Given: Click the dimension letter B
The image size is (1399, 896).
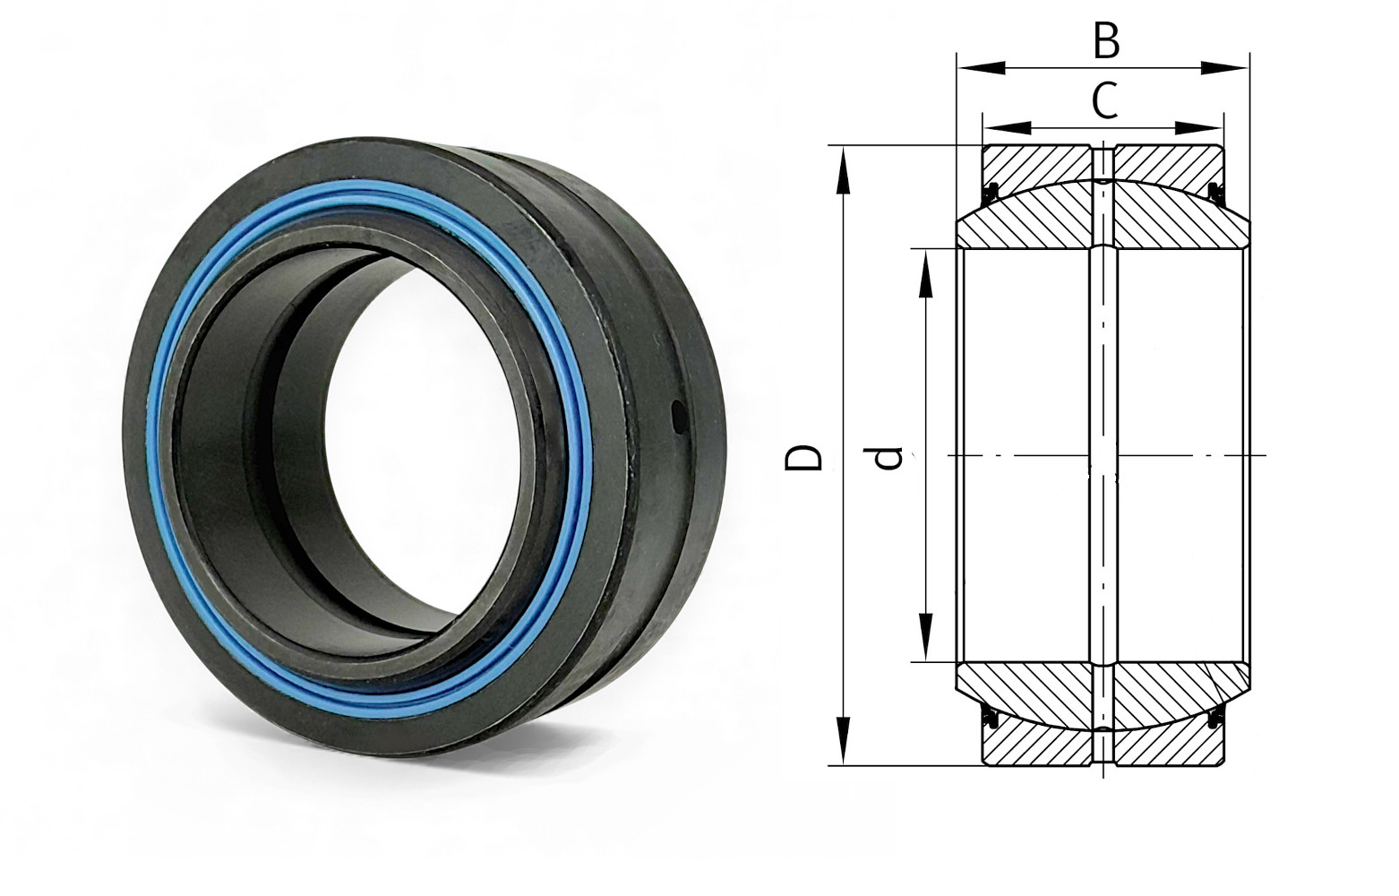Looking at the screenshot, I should point(1106,41).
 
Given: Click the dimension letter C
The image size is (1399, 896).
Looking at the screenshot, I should point(1104,100).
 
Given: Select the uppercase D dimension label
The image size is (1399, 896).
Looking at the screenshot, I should point(803,456).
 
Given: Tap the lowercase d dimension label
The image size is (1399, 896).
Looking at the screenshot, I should point(888,457).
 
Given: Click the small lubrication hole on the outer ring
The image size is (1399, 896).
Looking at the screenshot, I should point(678,418).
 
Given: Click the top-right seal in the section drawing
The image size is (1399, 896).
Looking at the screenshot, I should point(1214,190).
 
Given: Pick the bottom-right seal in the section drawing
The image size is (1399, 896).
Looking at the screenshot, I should point(1214,718).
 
